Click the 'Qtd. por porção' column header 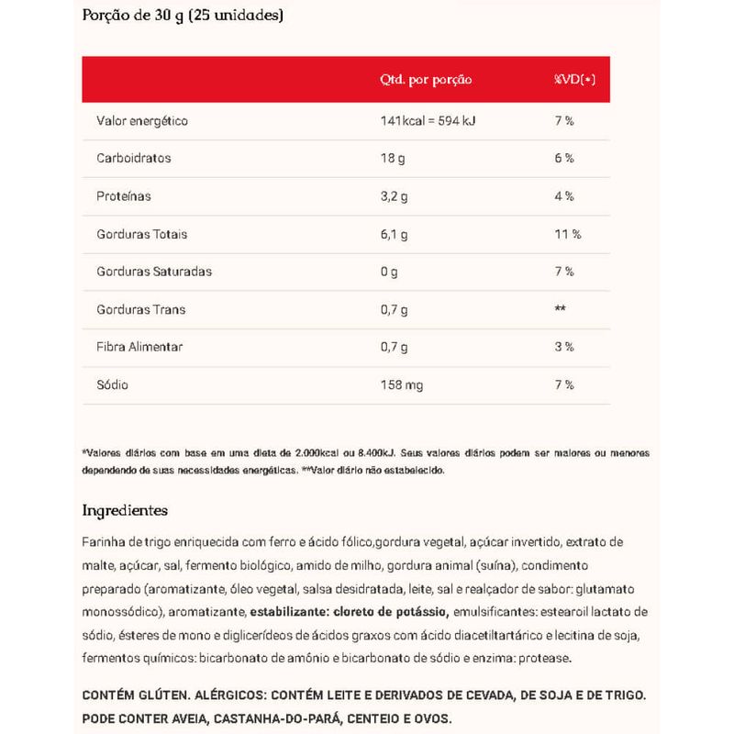[426, 80]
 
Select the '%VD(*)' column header [574, 80]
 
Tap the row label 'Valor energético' [142, 120]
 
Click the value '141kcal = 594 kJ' [435, 120]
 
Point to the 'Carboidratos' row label [134, 158]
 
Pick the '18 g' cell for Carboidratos [392, 158]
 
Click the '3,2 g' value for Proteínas [395, 196]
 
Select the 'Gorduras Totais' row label [141, 234]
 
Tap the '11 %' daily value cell [568, 234]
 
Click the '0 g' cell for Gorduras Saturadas [389, 272]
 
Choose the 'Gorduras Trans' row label [140, 309]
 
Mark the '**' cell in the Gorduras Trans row [560, 309]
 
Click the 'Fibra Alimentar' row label [139, 347]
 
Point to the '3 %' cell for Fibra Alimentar [564, 347]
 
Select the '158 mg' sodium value [402, 384]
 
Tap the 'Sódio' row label [113, 384]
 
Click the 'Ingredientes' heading [125, 509]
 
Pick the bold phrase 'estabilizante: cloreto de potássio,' [348, 612]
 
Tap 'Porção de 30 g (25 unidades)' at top [183, 16]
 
